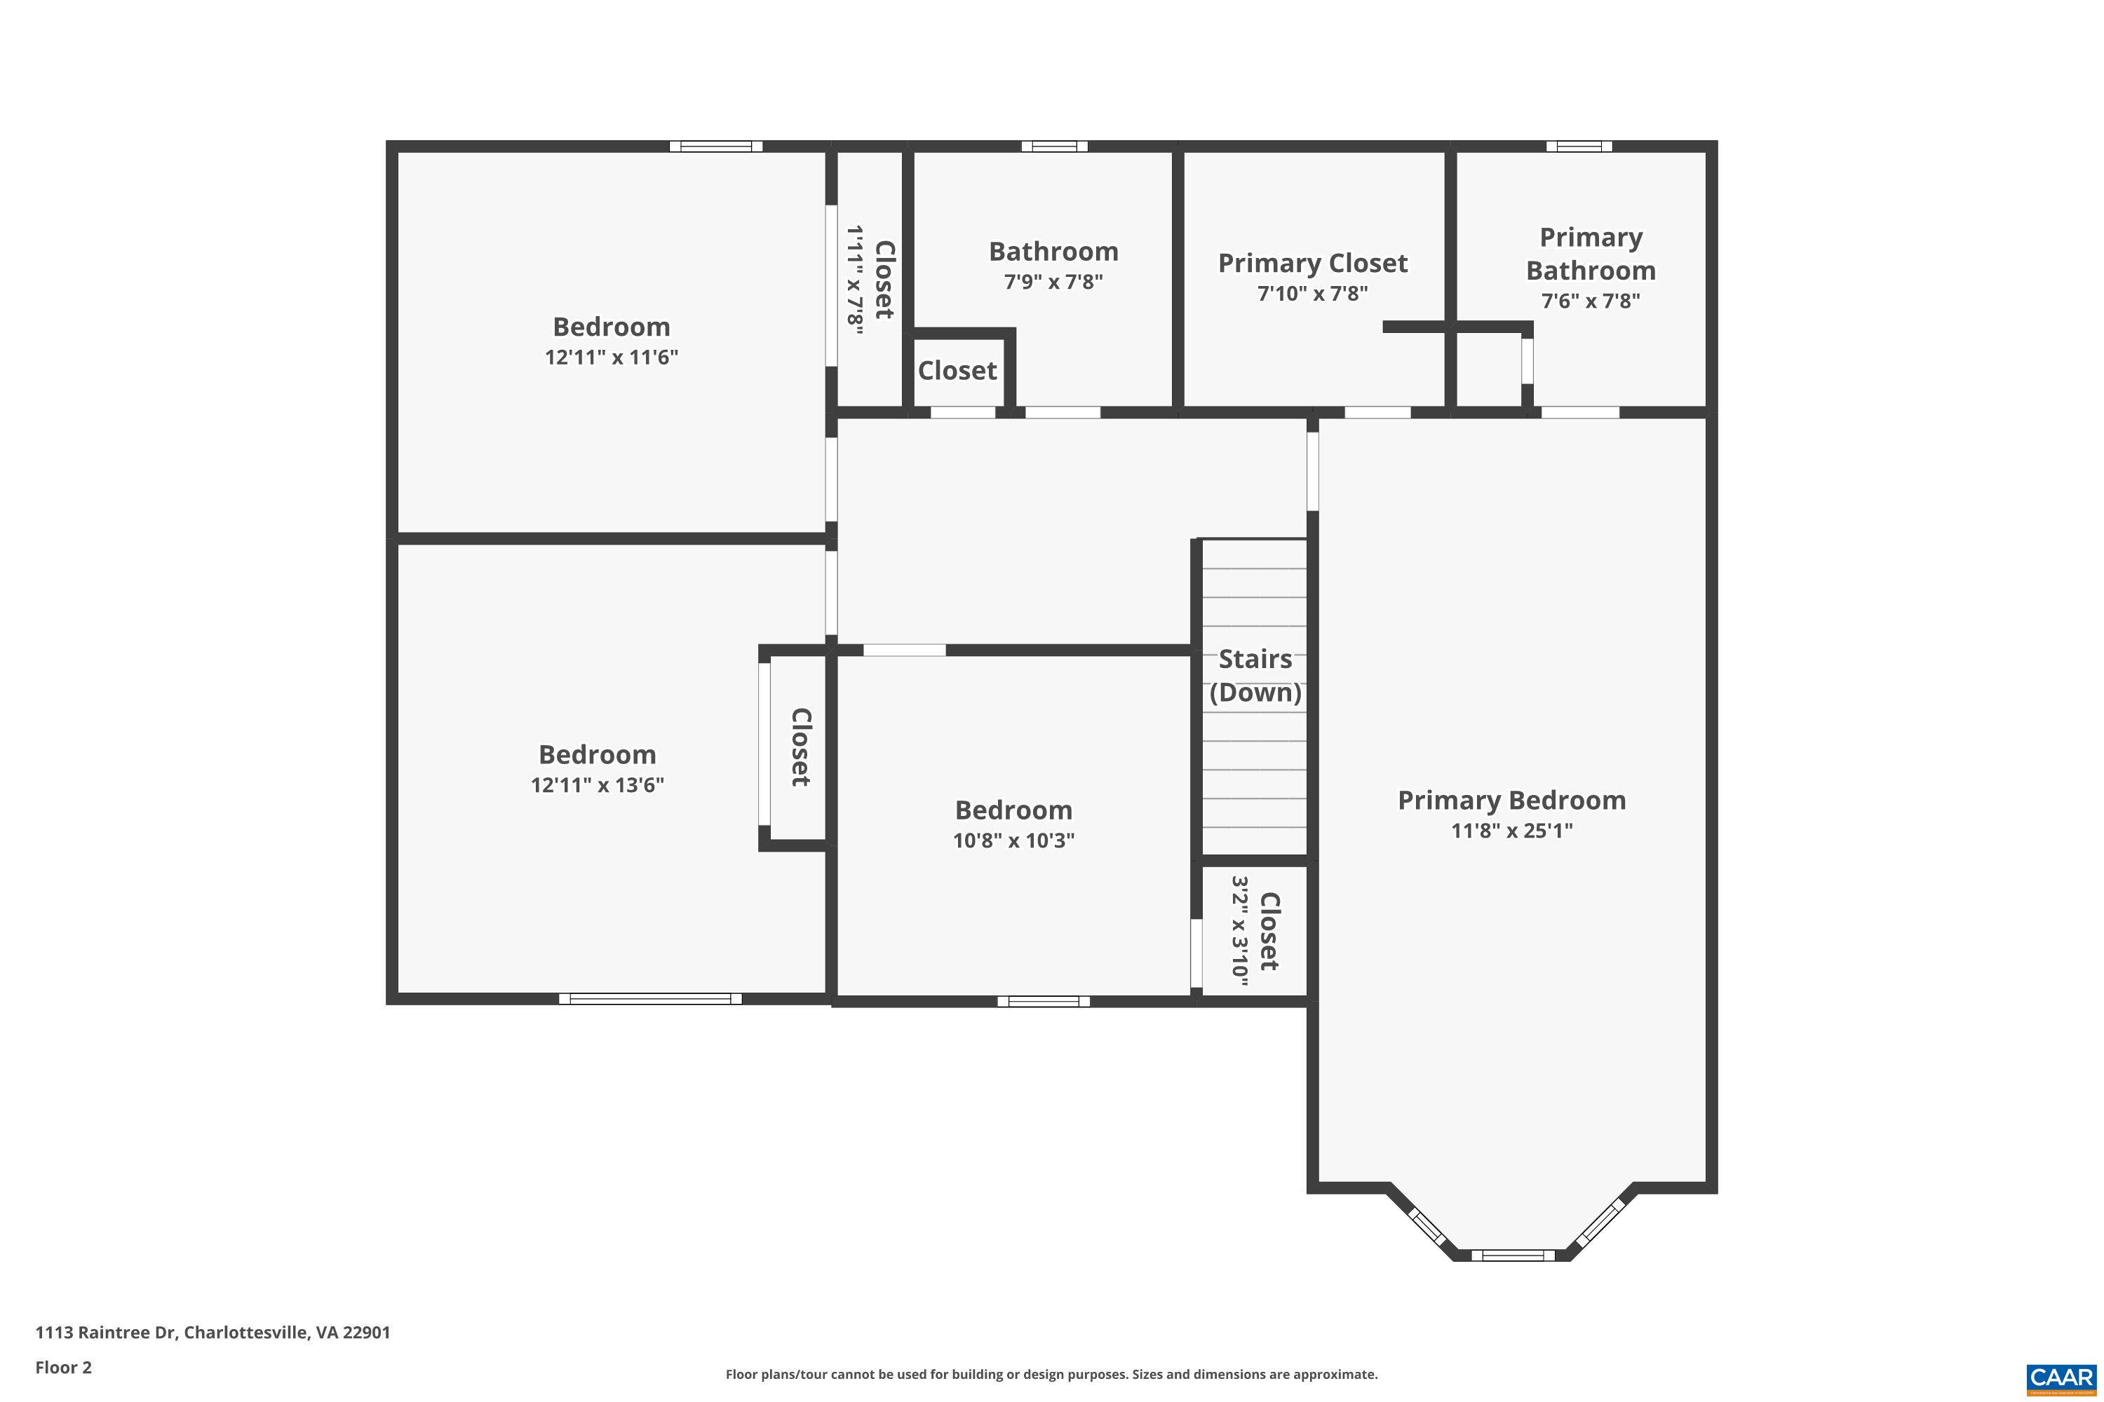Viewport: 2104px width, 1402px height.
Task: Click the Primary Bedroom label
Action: [x=1511, y=801]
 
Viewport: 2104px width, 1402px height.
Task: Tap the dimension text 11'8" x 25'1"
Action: [x=1511, y=831]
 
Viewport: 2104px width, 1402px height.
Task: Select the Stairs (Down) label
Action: [x=1255, y=676]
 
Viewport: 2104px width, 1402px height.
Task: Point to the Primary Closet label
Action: [x=1312, y=263]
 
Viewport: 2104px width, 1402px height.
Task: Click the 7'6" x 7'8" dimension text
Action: [x=1590, y=301]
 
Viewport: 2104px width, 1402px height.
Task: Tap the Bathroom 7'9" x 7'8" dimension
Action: [x=1053, y=283]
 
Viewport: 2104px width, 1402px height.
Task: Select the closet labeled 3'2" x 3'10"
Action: [x=1254, y=932]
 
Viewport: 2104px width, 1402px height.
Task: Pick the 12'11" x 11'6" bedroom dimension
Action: [x=611, y=358]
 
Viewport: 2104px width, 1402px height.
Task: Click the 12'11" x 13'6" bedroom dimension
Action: [x=597, y=785]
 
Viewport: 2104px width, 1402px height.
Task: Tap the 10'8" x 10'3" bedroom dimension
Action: [x=1013, y=840]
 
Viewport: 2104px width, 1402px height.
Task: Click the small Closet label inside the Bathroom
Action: [x=957, y=370]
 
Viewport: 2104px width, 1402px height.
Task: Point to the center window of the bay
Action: [x=1512, y=1255]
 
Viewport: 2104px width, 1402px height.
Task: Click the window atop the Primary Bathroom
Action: [x=1579, y=147]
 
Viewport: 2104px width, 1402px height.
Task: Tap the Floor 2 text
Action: [x=62, y=1367]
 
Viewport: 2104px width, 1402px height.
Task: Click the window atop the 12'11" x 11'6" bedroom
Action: [x=715, y=147]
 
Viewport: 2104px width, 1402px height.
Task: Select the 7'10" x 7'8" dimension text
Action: [x=1312, y=293]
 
